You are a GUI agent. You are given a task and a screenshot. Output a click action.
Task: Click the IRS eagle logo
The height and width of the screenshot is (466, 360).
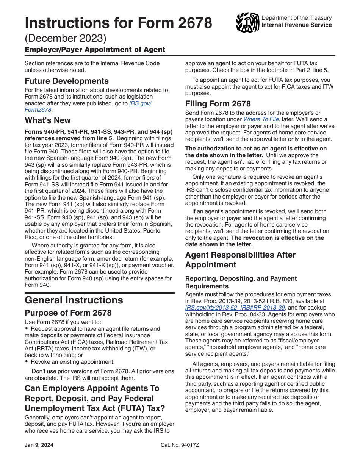(247, 22)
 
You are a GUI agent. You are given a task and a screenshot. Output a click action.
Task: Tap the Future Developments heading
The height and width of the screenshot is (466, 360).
(67, 81)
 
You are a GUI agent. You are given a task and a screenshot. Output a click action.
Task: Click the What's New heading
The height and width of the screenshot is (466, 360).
(48, 120)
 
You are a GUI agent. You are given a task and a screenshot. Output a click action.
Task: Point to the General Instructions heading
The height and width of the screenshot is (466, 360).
(74, 300)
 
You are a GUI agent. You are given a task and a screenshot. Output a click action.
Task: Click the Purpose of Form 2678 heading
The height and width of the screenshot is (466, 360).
(68, 313)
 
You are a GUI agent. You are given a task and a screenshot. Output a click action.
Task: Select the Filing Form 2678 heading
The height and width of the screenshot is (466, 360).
(218, 104)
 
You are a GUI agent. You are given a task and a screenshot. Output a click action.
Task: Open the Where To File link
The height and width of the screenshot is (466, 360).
(261, 119)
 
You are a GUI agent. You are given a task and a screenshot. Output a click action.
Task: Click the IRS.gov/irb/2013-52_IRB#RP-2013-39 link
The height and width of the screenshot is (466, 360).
(235, 308)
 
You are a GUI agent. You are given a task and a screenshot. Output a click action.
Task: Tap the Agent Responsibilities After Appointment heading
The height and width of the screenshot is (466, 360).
(240, 260)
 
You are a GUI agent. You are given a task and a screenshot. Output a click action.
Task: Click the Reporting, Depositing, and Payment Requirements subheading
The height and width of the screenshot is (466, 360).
(241, 282)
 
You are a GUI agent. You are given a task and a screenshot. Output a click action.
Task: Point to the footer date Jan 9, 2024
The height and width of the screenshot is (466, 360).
(39, 445)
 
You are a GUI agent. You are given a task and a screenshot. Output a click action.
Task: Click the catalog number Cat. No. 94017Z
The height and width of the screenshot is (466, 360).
(180, 445)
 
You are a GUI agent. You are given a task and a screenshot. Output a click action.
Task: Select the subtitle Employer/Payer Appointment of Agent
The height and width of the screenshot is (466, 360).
(95, 50)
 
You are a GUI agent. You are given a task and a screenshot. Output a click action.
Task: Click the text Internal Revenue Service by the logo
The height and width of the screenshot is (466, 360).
(297, 25)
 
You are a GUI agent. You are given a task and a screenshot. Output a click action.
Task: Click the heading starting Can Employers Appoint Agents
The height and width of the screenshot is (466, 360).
(92, 399)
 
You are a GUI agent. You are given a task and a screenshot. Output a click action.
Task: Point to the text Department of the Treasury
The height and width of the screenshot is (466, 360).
(297, 18)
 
